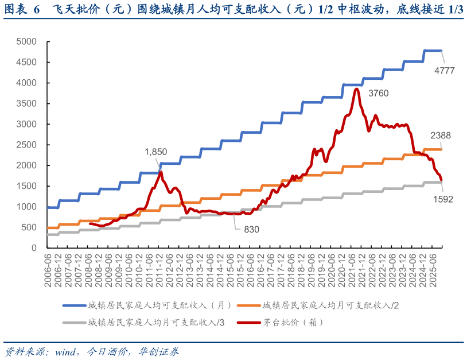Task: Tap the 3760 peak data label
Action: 379,93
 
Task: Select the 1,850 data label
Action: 155,152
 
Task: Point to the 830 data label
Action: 251,229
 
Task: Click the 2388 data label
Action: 441,136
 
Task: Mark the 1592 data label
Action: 443,199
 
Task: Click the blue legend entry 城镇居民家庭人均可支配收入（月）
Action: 152,305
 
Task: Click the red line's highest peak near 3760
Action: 357,89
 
